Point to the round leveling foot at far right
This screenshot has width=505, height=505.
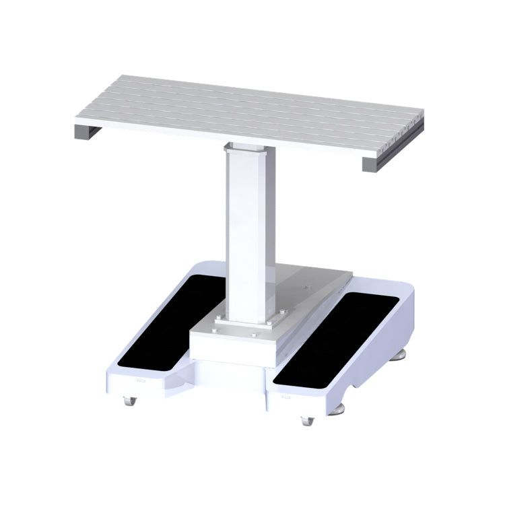402,353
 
